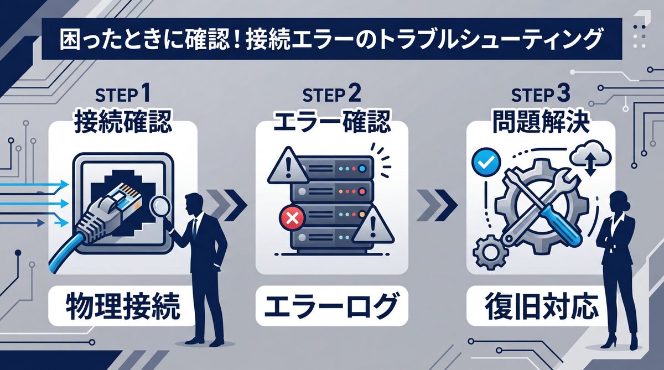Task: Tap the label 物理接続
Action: [123, 306]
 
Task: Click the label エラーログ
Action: [331, 306]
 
